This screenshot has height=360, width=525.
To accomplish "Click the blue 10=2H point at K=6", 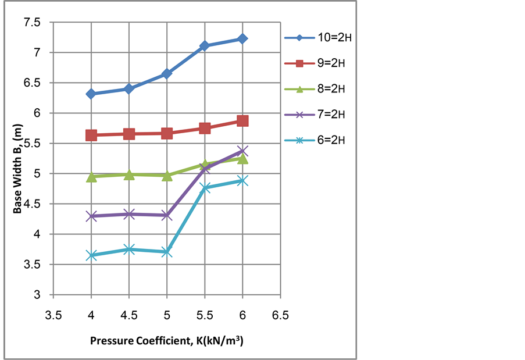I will click(242, 38).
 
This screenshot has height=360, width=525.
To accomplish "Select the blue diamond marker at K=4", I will click(91, 94).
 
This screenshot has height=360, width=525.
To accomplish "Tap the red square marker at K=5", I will click(167, 133).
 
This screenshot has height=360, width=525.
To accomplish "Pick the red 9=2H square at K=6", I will click(242, 120).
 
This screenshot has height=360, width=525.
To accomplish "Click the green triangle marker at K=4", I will click(91, 177).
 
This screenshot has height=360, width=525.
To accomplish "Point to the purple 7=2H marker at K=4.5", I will click(129, 214).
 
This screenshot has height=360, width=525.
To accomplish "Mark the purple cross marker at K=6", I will click(242, 151).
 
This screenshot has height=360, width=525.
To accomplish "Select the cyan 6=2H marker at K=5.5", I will click(205, 188).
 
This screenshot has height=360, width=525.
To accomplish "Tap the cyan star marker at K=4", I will click(91, 255).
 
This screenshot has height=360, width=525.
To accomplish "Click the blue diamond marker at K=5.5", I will click(205, 45).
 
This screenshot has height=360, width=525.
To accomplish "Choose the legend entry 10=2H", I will click(318, 38).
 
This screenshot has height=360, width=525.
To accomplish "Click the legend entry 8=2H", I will click(318, 89).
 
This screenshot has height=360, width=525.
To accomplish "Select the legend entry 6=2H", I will click(318, 140).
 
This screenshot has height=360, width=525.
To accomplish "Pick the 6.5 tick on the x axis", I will click(280, 316).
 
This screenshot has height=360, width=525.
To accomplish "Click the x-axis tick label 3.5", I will click(53, 316).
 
